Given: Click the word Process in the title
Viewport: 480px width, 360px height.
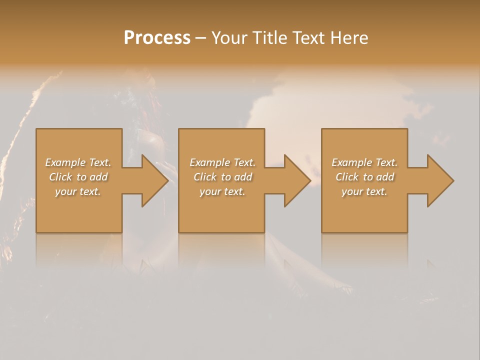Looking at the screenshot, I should tap(157, 38).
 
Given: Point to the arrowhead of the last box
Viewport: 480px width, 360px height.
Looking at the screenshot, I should tap(439, 180).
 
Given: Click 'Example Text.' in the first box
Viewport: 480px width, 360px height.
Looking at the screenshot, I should tap(78, 162).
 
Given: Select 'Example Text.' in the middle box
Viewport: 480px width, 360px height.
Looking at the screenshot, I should tap(222, 162).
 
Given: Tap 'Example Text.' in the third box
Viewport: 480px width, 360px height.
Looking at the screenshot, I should tap(364, 162).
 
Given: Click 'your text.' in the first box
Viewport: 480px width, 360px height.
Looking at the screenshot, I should tap(78, 191).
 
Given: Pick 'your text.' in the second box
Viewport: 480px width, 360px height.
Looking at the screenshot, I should tap(222, 191).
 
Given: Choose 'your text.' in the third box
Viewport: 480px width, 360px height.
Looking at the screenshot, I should tap(364, 191).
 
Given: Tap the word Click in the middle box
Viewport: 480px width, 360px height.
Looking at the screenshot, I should tap(205, 177).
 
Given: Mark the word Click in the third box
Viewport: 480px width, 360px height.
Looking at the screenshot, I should tap(347, 177).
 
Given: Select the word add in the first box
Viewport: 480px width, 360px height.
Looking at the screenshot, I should tap(98, 177).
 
